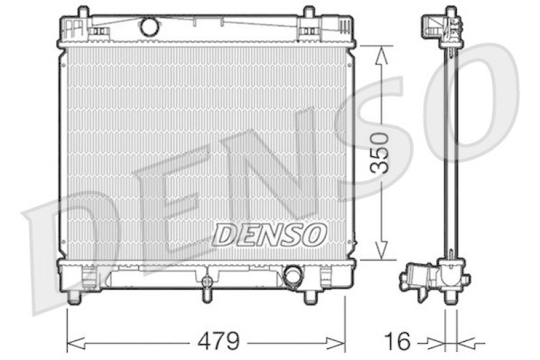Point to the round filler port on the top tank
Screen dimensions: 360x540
point(148,27)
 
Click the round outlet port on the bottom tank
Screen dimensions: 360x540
point(293,276)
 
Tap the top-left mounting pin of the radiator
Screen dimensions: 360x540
point(83,12)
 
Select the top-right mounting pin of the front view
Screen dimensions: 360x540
point(308,12)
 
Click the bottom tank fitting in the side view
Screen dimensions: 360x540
point(432,277)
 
